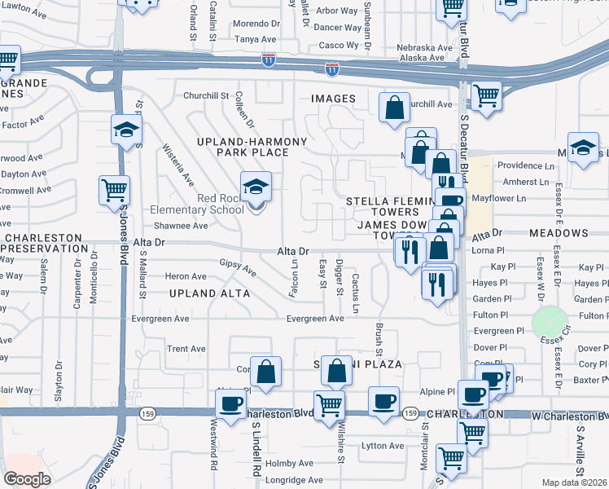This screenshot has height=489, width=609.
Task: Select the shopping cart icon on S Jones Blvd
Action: (114, 191)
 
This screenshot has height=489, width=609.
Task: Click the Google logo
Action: (27, 479)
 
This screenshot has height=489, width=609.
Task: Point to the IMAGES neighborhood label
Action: (333, 99)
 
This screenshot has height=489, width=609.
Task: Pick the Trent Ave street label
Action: (186, 349)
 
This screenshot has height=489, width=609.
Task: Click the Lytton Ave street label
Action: (383, 446)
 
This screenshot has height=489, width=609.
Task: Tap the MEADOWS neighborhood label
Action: (558, 233)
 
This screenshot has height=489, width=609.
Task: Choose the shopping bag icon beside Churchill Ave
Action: (394, 108)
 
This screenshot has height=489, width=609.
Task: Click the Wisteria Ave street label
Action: (179, 164)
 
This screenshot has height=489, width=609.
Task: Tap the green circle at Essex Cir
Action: (550, 321)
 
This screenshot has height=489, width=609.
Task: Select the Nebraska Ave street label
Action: (423, 48)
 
